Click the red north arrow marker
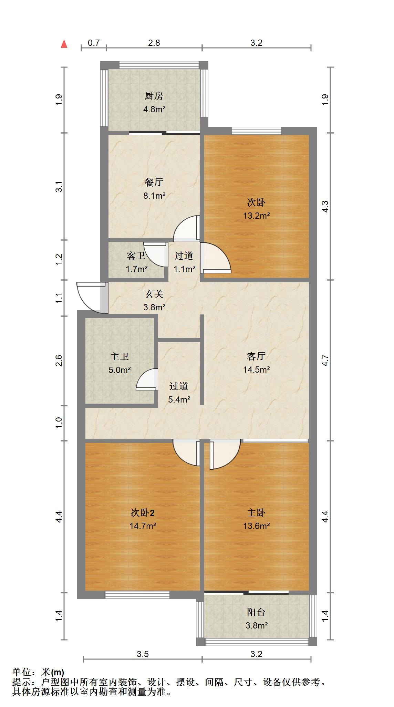64,44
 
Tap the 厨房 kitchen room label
154,96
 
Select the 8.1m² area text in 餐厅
154,196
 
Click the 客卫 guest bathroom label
136,256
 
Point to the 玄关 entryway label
154,294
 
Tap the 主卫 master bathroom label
119,356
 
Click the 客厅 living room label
256,356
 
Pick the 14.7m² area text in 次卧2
143,526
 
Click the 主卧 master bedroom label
256,512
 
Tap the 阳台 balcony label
256,612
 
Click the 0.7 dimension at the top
94,43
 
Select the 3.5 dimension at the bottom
143,654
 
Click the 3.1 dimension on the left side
59,186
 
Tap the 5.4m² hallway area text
179,399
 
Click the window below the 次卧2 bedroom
137,594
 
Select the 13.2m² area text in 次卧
256,216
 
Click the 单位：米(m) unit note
38,672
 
